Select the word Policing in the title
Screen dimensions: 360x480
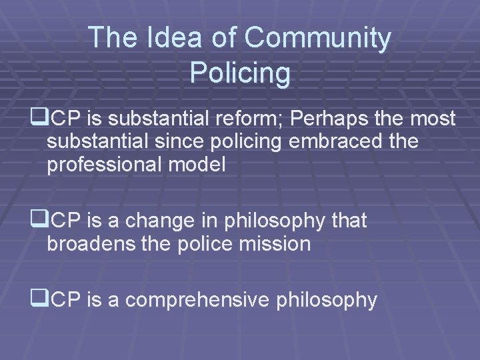coord(240,73)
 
